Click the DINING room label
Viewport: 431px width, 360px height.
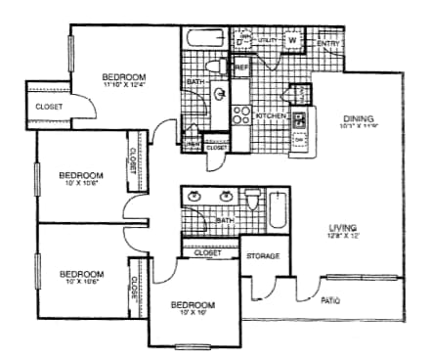click(x=359, y=118)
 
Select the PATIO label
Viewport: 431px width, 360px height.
click(x=330, y=300)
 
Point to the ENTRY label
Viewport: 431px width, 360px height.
click(x=329, y=44)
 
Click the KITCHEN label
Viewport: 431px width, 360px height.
click(x=270, y=115)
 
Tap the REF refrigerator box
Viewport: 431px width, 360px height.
click(x=241, y=67)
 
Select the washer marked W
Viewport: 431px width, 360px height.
click(x=292, y=40)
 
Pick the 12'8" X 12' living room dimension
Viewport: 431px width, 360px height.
click(x=344, y=236)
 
